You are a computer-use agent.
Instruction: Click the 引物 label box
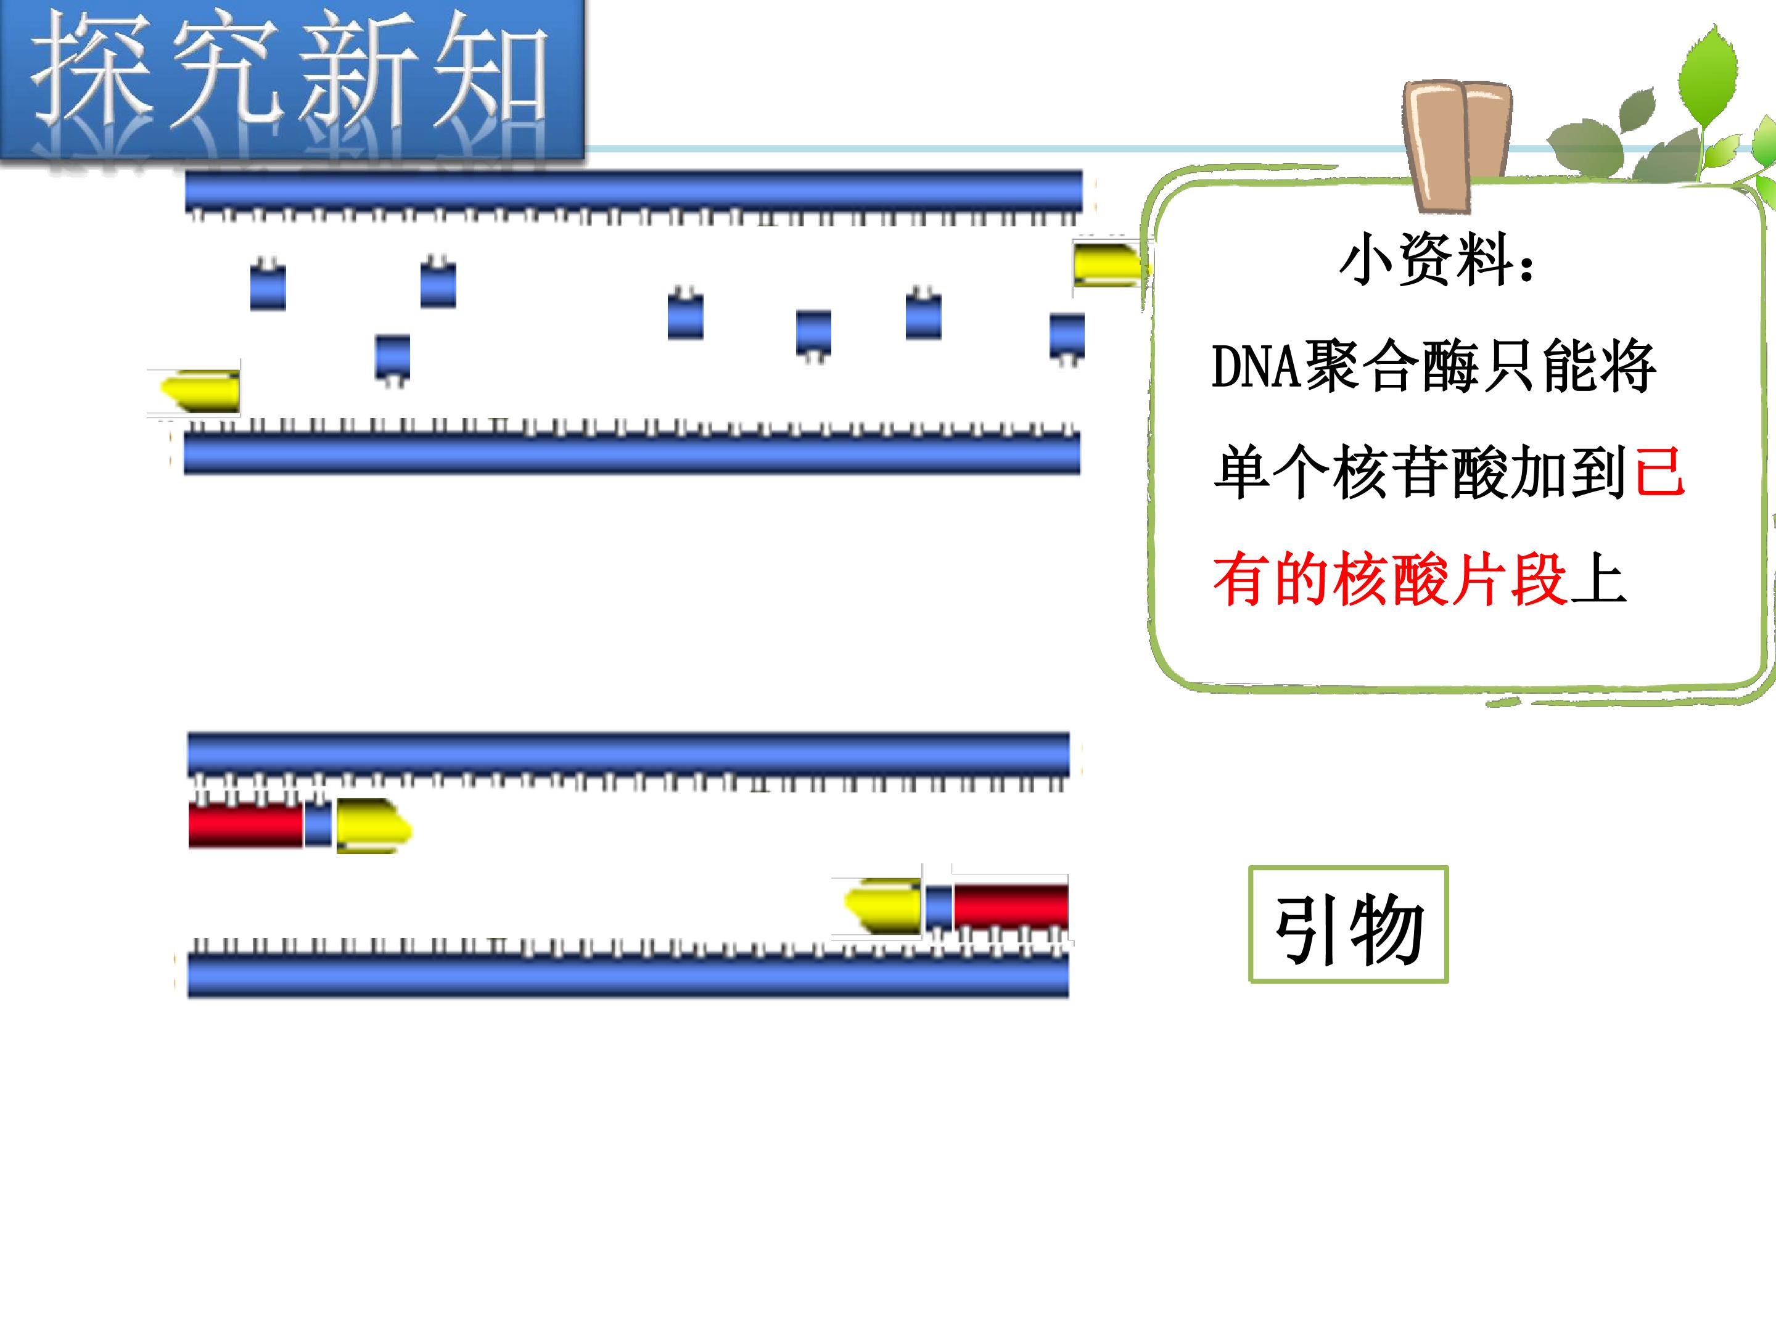[1348, 924]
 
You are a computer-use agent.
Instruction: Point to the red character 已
[1659, 472]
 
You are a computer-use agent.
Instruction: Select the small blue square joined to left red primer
[318, 824]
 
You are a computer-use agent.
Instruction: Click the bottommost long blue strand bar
[628, 976]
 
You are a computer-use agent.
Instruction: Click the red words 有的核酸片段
[1390, 579]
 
